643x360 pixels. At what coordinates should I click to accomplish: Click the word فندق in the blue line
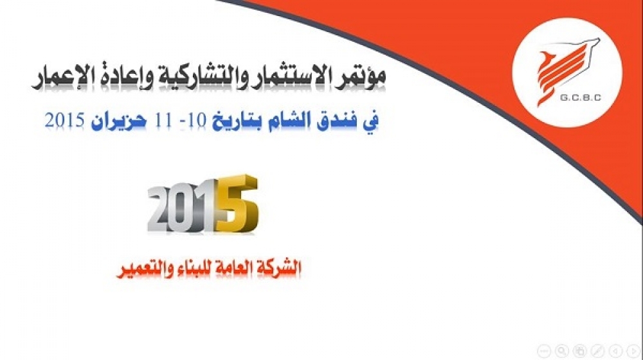336,121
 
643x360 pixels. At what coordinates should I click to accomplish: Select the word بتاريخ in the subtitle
237,121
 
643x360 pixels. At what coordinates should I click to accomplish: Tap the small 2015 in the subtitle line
65,121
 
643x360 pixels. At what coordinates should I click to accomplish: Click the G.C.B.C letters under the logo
580,98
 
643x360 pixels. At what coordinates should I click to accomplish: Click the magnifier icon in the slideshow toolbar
562,350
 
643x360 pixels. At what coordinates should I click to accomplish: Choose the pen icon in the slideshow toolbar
598,350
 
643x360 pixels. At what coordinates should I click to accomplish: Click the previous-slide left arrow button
616,350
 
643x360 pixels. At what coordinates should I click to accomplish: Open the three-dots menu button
544,350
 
